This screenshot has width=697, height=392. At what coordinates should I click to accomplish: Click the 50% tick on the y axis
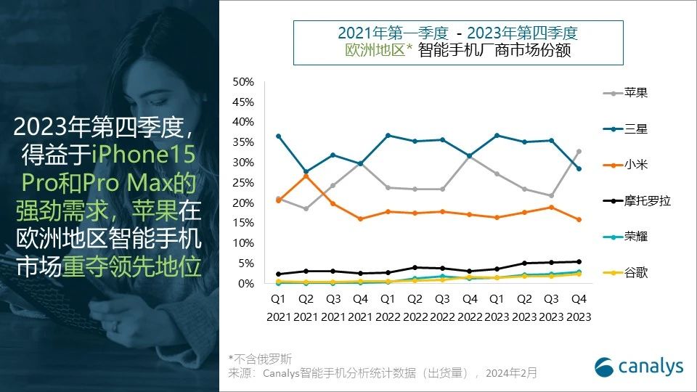tap(242, 81)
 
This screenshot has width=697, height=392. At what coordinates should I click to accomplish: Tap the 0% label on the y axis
tap(245, 283)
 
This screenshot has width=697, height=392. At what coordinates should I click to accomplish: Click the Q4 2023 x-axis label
tap(578, 307)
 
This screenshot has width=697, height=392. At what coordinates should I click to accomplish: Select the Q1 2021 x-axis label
tap(278, 307)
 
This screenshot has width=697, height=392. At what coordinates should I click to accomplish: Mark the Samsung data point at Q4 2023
tap(578, 168)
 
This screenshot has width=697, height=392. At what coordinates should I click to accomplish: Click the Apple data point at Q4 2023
tap(578, 151)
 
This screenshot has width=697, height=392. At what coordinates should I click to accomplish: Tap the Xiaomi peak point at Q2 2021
tap(306, 176)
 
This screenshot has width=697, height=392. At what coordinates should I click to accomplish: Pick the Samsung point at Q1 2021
tap(278, 136)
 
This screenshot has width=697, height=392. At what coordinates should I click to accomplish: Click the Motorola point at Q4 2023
tap(578, 261)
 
